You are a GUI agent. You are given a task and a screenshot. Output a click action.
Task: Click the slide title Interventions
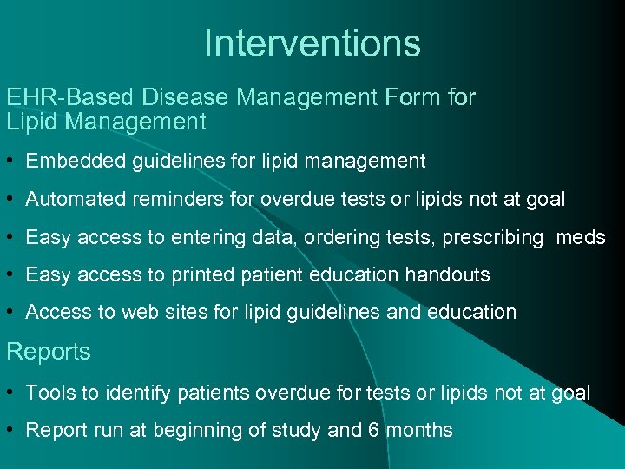[x=312, y=43]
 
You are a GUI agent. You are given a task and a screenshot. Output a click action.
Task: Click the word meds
[x=581, y=237]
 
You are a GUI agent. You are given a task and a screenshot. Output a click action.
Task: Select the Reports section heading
[x=49, y=352]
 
